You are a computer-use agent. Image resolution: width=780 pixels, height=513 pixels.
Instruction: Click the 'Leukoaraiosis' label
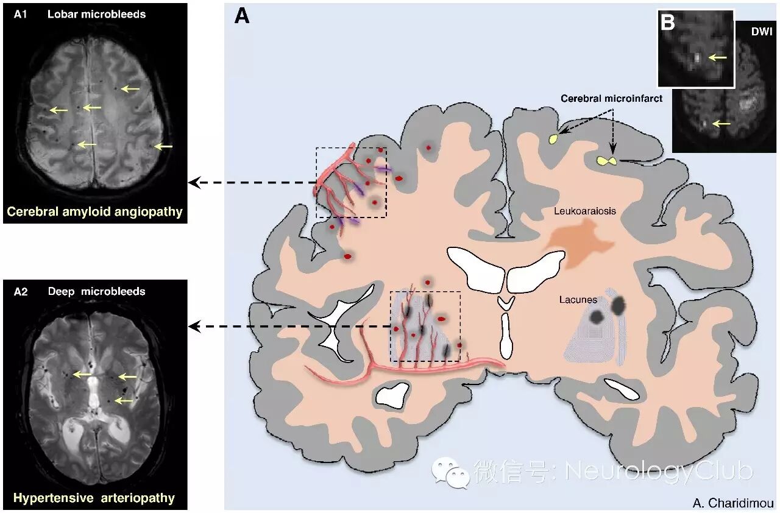[585, 211]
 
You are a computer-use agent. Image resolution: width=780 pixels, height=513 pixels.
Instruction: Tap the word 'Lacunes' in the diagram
[578, 300]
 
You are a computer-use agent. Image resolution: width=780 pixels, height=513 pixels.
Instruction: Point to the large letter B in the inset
[668, 23]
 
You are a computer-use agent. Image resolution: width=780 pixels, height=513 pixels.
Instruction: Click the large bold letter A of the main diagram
[242, 16]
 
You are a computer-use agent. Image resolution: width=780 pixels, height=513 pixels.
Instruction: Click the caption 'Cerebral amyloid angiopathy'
[94, 212]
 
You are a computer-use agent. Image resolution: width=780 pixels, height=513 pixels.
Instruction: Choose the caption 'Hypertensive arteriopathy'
[94, 498]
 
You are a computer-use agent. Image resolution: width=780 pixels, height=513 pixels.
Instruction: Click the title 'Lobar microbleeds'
[97, 14]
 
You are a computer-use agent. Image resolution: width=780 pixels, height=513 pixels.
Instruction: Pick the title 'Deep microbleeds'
[97, 291]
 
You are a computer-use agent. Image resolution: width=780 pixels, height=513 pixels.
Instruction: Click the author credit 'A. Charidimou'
[733, 503]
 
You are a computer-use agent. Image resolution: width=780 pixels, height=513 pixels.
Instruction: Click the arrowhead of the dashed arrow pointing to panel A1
[194, 182]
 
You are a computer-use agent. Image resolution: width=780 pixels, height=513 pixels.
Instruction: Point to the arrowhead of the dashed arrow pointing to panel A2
[194, 327]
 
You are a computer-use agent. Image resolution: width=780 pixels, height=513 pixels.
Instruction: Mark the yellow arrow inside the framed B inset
[718, 57]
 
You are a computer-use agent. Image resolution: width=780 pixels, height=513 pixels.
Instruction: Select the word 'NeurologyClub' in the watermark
[659, 470]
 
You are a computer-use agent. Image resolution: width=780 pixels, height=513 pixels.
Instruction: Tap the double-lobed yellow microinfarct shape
[606, 161]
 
